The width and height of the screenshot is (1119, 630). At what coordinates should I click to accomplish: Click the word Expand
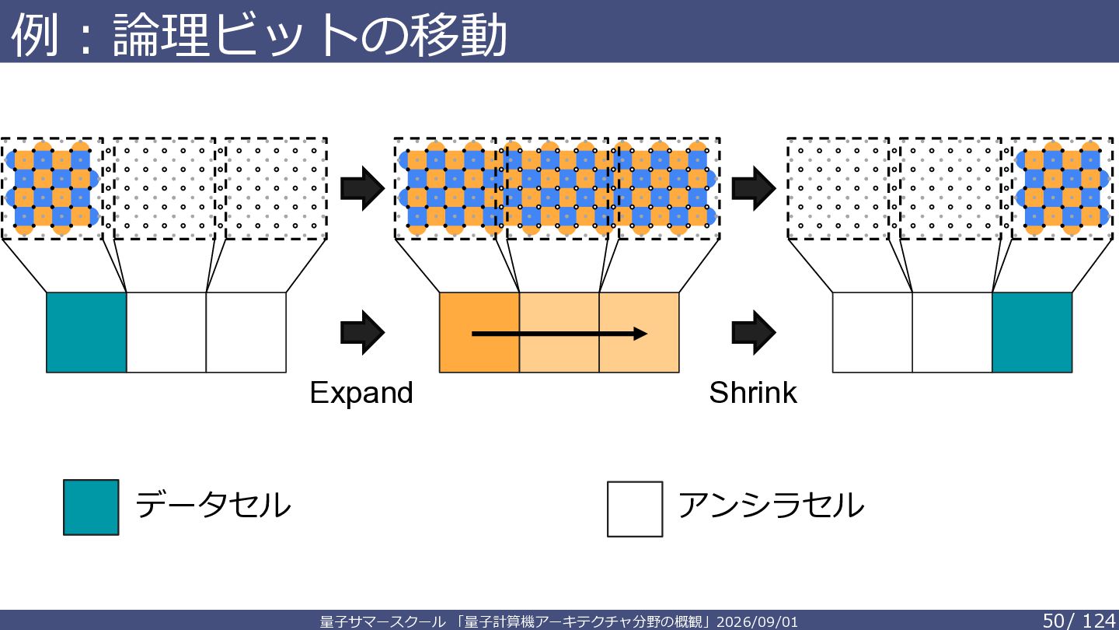pos(361,394)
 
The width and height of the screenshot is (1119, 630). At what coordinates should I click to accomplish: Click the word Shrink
pos(753,393)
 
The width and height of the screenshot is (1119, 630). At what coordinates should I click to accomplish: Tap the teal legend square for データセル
pos(91,507)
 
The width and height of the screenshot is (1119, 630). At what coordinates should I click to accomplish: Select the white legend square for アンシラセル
pos(635,509)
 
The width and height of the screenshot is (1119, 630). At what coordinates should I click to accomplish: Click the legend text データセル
pos(213,505)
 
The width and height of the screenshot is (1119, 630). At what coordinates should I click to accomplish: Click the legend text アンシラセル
pos(771,505)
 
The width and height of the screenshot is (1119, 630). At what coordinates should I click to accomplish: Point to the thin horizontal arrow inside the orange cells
pos(559,334)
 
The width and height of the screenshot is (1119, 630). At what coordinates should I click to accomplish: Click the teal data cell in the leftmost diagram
pos(86,333)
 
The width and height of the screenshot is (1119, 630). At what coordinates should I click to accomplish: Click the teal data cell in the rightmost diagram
pos(1032,333)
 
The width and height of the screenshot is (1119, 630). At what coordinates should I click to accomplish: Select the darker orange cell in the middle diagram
pos(479,333)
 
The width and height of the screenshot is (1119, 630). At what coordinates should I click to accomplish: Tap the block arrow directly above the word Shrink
pos(754,333)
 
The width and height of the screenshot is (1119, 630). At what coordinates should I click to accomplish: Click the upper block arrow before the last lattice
pos(754,188)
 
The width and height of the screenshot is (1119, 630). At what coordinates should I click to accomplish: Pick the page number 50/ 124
pos(1079,621)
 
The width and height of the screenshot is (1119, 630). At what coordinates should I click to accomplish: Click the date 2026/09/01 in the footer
pos(758,622)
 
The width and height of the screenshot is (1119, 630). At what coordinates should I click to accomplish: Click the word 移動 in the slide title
pos(458,35)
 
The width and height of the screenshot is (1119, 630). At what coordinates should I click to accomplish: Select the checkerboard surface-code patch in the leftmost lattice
pos(52,188)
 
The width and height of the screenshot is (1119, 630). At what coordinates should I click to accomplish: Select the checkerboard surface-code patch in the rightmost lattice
pos(1062,188)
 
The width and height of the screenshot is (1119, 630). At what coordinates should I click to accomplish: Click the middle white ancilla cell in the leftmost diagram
pos(166,333)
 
